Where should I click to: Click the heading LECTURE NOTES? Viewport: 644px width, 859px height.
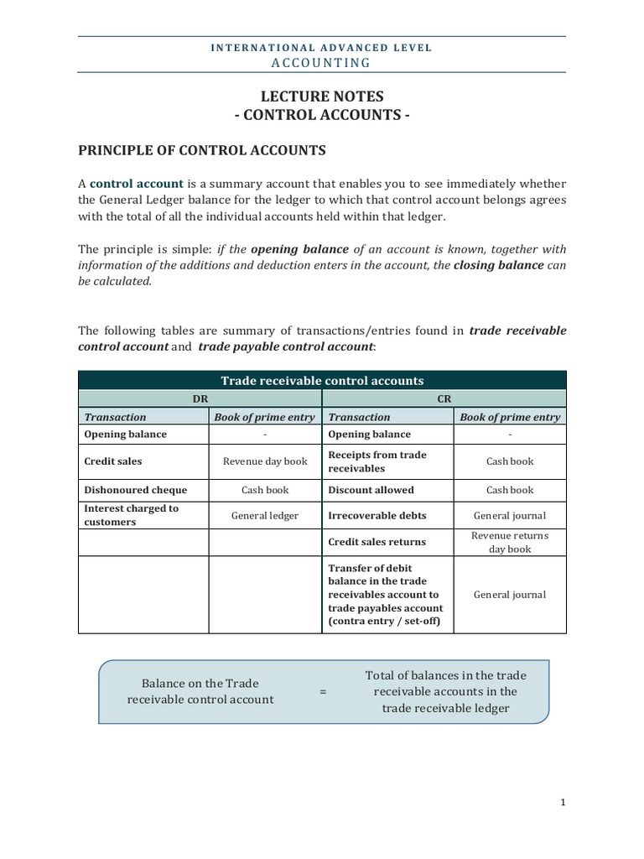[322, 97]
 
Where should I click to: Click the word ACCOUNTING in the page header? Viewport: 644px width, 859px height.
[322, 63]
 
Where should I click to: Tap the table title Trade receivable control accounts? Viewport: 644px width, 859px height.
[322, 381]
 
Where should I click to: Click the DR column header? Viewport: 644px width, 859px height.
[200, 399]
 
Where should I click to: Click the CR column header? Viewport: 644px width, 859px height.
[444, 399]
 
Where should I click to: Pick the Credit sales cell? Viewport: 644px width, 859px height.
[113, 461]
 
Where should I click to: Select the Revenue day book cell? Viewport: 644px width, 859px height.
[265, 461]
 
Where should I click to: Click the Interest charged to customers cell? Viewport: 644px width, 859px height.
[132, 515]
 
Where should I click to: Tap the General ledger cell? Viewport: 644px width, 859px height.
[265, 516]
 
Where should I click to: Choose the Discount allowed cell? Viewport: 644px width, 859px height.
[371, 490]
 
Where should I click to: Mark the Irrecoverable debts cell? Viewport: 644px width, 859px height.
[377, 516]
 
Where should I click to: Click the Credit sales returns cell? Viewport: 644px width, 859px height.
[377, 542]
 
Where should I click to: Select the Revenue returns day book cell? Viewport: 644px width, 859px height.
[510, 542]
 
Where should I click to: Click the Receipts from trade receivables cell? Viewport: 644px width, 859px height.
[377, 461]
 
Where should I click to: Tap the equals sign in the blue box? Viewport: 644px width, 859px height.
[323, 692]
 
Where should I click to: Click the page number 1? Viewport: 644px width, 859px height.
[563, 803]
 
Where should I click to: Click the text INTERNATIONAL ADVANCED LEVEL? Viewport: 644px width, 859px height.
[322, 48]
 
